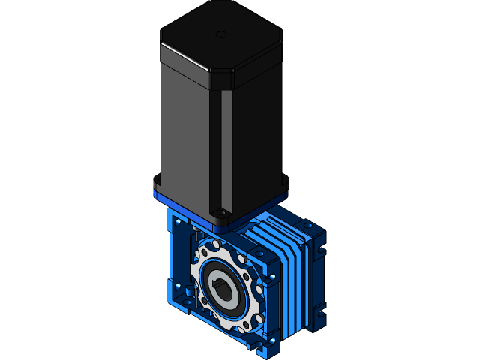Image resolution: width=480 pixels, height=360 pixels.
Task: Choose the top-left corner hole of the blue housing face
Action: click(x=177, y=223)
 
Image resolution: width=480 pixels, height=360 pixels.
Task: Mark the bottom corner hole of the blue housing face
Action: click(x=259, y=345)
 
